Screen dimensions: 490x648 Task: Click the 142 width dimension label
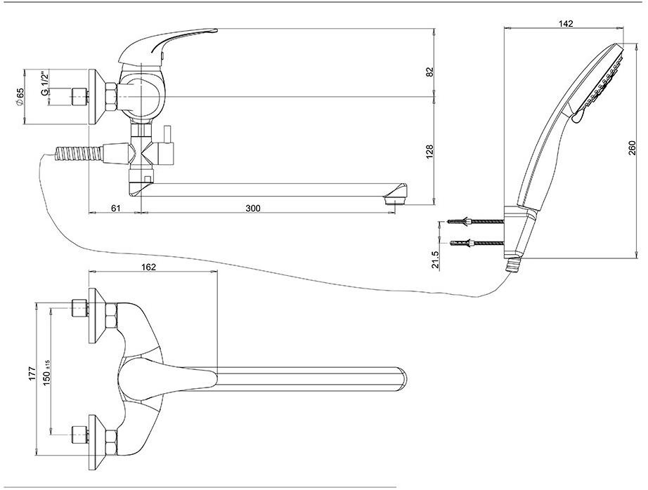point(566,23)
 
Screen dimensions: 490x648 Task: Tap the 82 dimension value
point(430,72)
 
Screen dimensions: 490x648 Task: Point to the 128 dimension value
point(430,151)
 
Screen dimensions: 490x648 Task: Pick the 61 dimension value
point(116,208)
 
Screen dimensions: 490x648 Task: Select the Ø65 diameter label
point(20,96)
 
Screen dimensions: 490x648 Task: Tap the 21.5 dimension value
point(436,260)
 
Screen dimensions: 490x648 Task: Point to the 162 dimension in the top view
point(148,267)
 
